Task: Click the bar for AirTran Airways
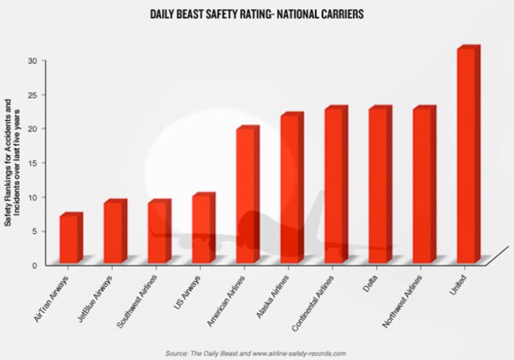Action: pos(69,239)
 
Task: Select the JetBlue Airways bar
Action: pos(113,233)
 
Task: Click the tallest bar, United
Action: pos(466,156)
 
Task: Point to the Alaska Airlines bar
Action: pos(290,190)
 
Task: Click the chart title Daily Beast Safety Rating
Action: pos(257,12)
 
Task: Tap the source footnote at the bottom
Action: pos(256,353)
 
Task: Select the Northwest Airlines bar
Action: pos(423,186)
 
